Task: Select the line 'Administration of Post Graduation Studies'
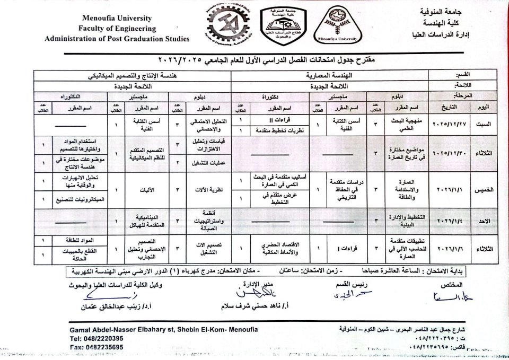point(117,39)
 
